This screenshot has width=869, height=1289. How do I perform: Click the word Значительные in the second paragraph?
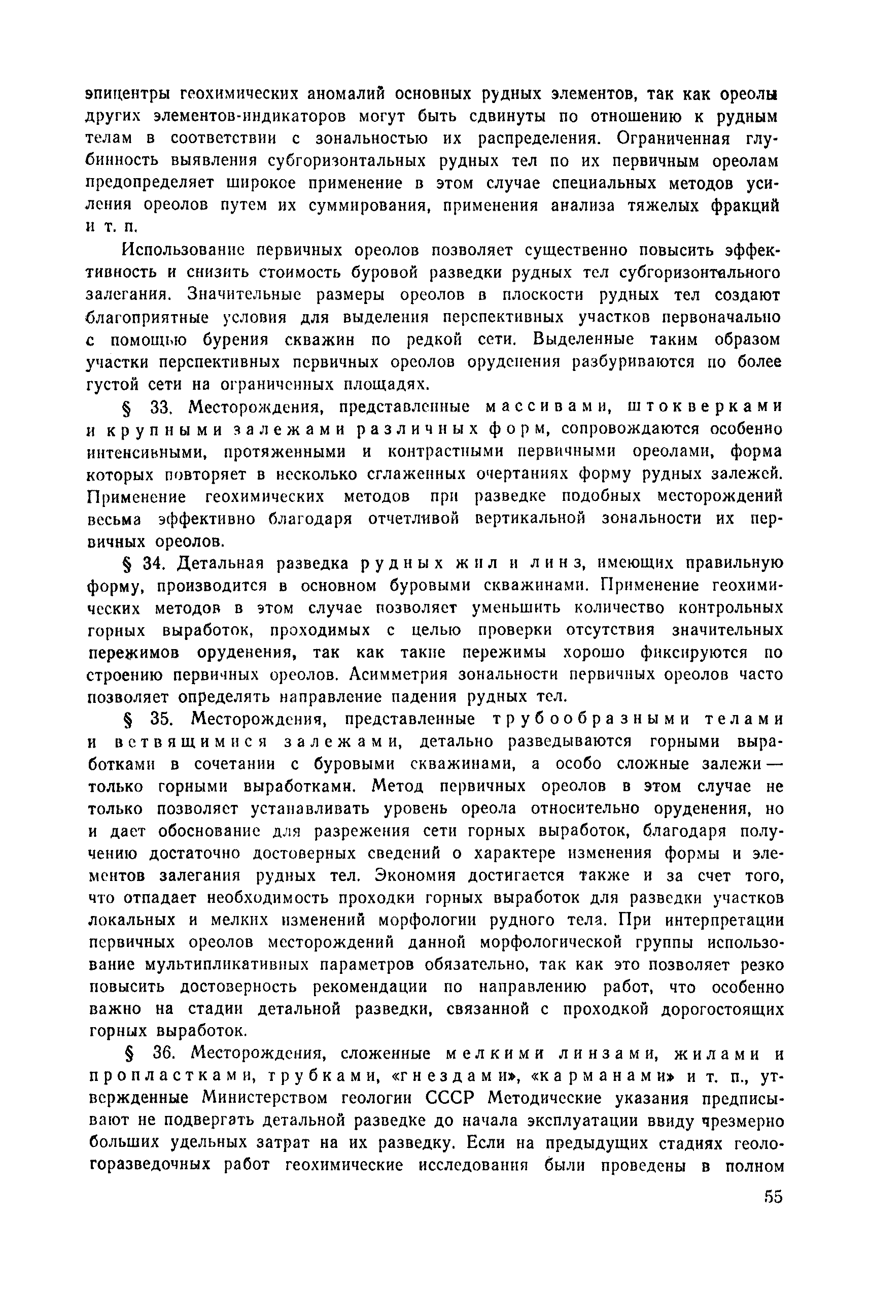tap(245, 295)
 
